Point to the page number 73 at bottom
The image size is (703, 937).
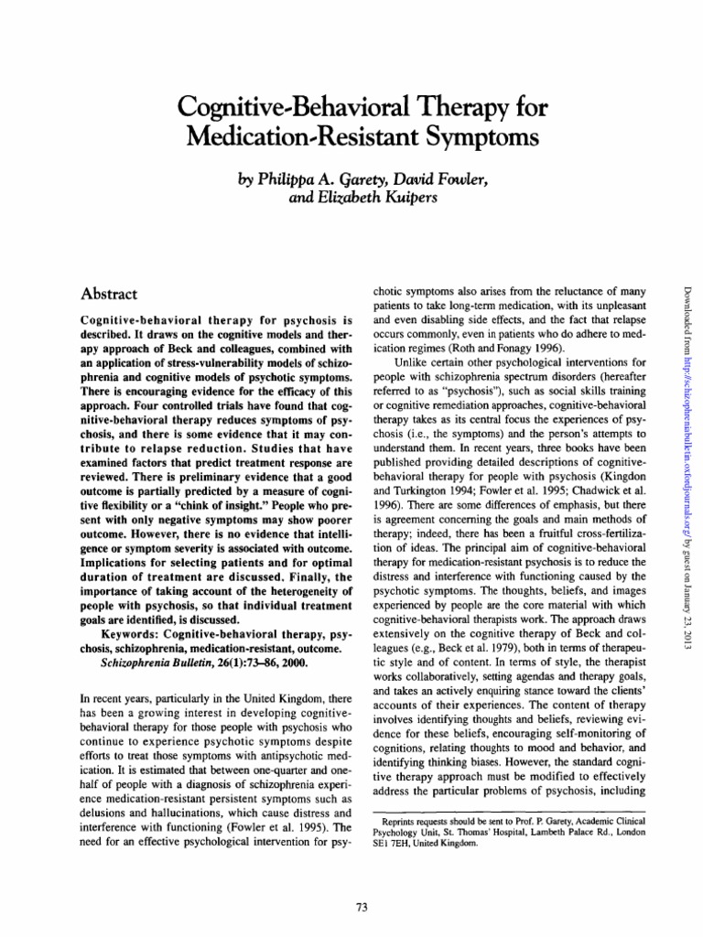pos(360,907)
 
